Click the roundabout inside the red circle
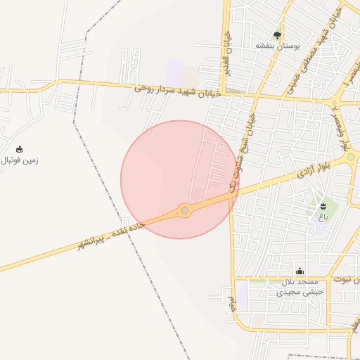pos(184,210)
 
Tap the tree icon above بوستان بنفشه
pos(277,34)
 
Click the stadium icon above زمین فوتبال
pos(19,149)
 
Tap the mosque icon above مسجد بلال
pos(300,271)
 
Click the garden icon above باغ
pos(323,206)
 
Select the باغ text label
pos(323,217)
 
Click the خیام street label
pos(231,304)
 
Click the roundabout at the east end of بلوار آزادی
pos(351,160)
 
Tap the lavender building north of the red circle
pos(175,73)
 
